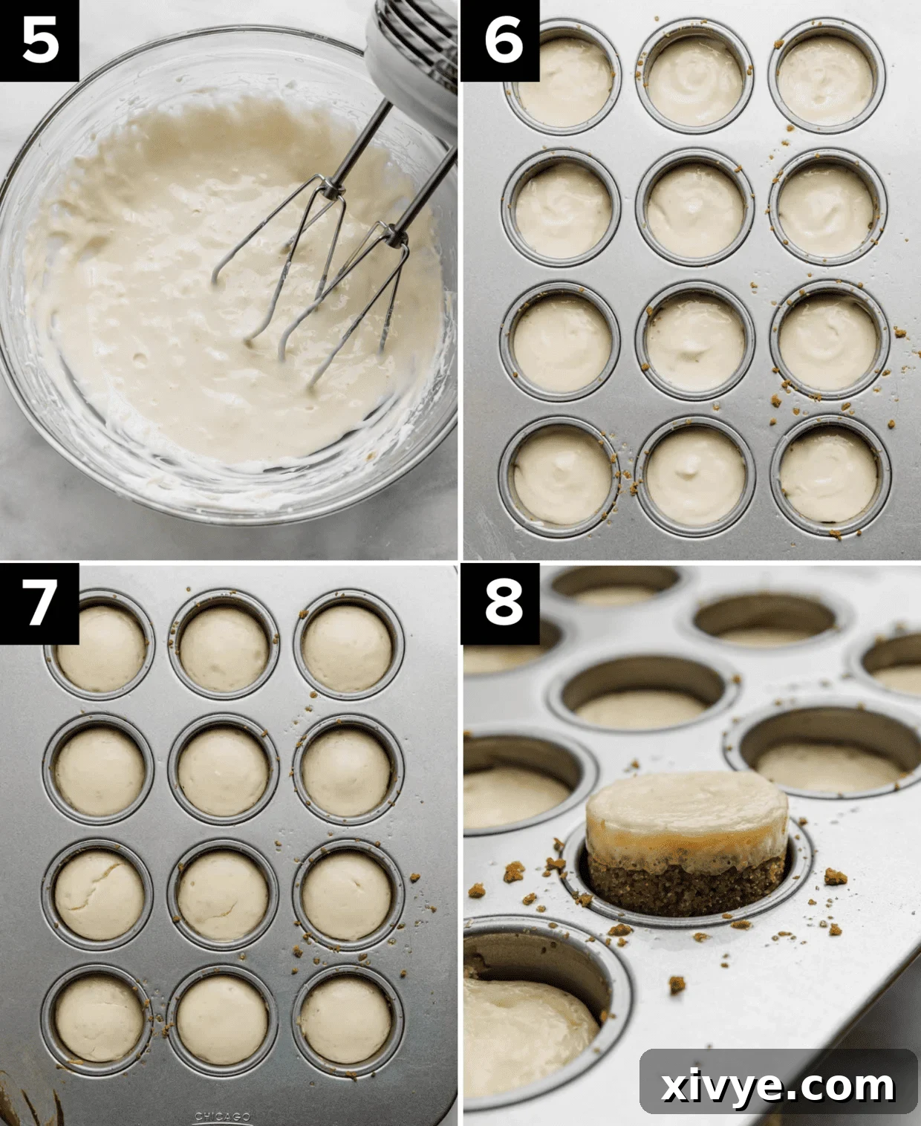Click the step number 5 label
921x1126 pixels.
click(39, 40)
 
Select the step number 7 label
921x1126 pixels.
click(39, 602)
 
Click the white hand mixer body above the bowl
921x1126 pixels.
click(412, 45)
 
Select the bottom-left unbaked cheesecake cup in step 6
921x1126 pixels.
click(562, 475)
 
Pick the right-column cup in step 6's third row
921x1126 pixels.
click(827, 342)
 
